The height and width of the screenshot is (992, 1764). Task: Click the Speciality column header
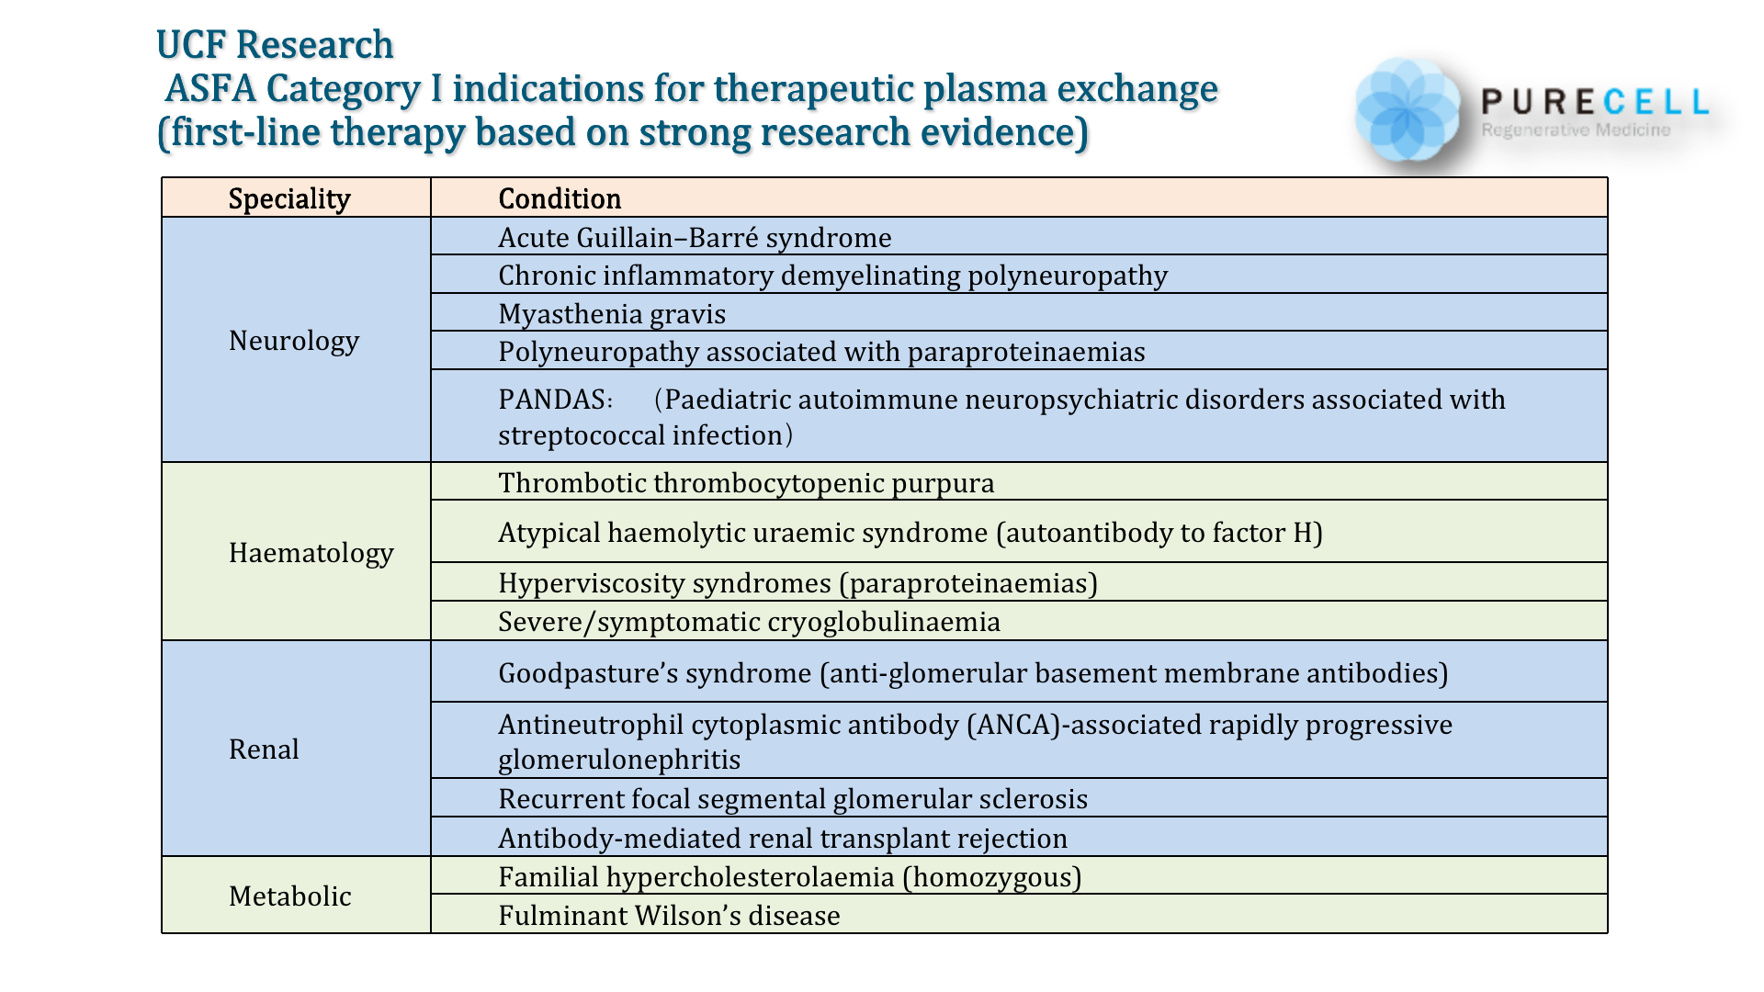[x=289, y=198]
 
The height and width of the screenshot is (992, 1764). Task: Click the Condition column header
[x=560, y=198]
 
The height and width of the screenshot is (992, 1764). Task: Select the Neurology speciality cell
[x=294, y=341]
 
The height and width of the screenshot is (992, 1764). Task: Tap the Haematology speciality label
[x=311, y=553]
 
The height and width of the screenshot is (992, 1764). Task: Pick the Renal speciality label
[x=264, y=750]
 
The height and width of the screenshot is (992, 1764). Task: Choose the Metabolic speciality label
[x=289, y=896]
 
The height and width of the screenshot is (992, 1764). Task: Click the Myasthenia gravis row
[x=612, y=314]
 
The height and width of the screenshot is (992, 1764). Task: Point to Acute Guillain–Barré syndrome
[x=695, y=238]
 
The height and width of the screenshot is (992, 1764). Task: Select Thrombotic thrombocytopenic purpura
[x=746, y=483]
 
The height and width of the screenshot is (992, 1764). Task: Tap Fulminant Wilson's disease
[x=669, y=916]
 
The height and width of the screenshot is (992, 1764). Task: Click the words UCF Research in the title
[x=275, y=44]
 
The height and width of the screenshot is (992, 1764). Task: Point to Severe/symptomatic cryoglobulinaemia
[x=749, y=622]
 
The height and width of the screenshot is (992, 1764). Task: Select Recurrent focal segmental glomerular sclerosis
[x=793, y=799]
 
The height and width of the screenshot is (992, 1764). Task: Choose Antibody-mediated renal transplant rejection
[x=783, y=839]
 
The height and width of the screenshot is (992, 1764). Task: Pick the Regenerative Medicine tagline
[x=1576, y=130]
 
